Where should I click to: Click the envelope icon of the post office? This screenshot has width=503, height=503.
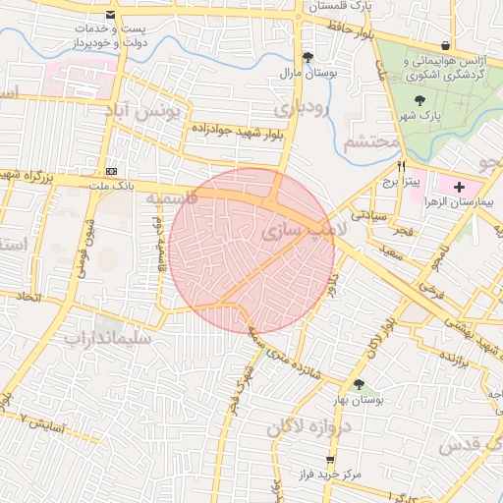click(x=109, y=16)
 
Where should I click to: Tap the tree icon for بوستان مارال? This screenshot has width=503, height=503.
click(x=308, y=57)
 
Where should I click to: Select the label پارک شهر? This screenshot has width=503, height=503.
click(x=415, y=116)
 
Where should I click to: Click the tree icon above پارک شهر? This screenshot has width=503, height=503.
click(x=419, y=99)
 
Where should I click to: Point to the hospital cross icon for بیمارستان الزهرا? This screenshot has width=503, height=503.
click(x=460, y=186)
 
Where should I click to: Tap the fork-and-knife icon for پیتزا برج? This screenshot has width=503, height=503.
click(x=401, y=167)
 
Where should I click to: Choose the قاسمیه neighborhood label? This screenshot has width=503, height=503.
click(x=172, y=198)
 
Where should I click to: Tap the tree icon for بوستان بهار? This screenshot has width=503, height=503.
click(x=359, y=385)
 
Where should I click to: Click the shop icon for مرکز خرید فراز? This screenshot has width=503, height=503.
click(x=330, y=460)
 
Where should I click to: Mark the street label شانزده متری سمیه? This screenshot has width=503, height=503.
click(x=284, y=348)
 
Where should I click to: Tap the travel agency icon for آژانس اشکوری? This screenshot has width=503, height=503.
click(x=447, y=45)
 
